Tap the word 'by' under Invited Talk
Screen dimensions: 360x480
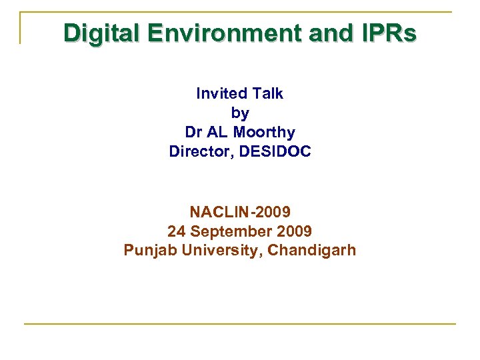pos(240,113)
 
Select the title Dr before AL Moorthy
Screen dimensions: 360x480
pos(194,133)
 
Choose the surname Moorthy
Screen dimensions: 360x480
pos(264,133)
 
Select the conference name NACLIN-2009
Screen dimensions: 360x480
pos(240,213)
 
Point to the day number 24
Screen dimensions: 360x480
pos(176,232)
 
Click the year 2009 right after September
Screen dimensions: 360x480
pos(294,232)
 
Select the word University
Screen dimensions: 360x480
pos(215,251)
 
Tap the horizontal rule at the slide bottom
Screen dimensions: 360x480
pos(240,324)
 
